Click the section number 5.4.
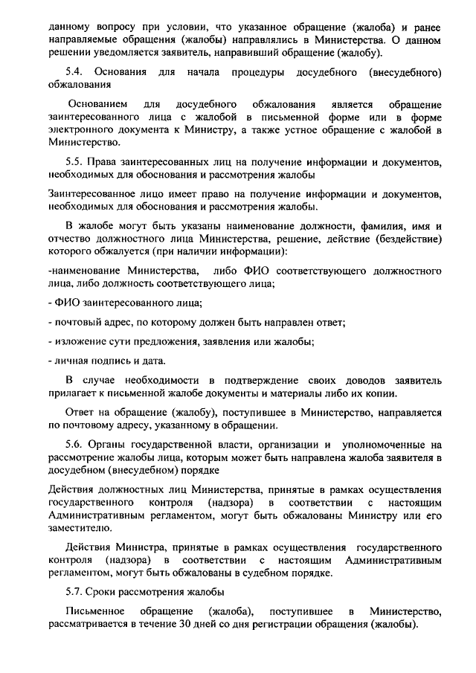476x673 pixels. click(x=75, y=72)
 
